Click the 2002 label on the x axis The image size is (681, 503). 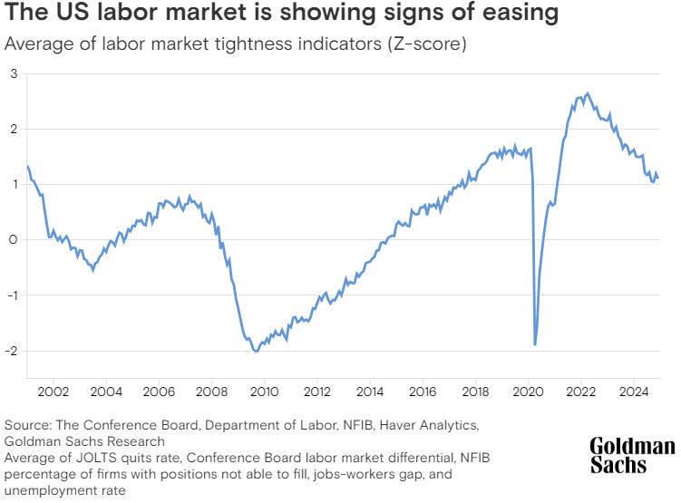point(54,392)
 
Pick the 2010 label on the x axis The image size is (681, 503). point(264,392)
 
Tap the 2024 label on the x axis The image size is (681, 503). point(633,392)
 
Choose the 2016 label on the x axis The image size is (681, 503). point(422,392)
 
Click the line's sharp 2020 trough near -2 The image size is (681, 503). point(535,344)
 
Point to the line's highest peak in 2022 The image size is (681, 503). point(588,93)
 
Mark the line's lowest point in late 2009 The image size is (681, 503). point(256,351)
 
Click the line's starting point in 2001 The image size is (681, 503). point(28,166)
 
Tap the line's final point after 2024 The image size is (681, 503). point(657,178)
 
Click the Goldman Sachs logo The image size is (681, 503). point(632,455)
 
